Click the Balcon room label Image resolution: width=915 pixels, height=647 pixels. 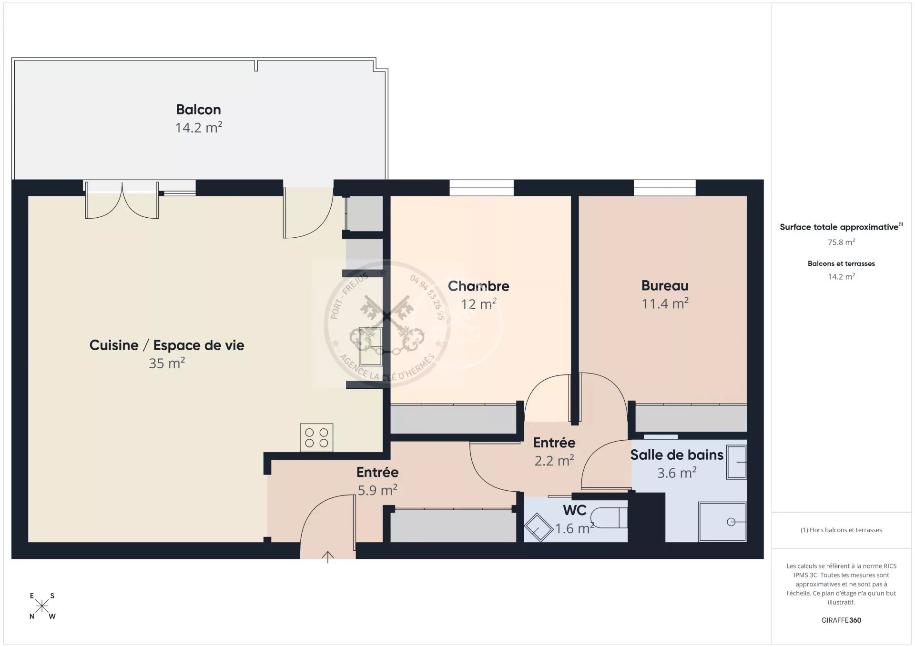[x=198, y=110]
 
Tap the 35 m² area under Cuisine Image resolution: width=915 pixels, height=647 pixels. [x=166, y=363]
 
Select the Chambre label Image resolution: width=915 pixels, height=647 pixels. [x=478, y=286]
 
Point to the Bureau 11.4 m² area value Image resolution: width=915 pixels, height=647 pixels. [x=665, y=303]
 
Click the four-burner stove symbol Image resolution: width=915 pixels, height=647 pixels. [x=316, y=437]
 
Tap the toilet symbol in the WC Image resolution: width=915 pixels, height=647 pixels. [x=609, y=517]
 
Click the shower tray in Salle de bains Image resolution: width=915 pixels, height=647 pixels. [x=722, y=522]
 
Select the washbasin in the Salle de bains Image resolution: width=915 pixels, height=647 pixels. [x=736, y=462]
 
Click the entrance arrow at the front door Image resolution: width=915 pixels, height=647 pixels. [x=327, y=556]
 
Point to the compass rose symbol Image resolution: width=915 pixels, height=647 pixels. [x=42, y=606]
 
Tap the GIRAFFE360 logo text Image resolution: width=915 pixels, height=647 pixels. [x=841, y=620]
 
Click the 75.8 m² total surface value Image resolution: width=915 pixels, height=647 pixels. [x=841, y=242]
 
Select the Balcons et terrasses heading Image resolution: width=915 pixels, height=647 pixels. [x=841, y=263]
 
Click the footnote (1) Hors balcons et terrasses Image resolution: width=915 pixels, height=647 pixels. [x=841, y=530]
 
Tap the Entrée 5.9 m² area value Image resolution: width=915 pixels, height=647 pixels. [x=377, y=490]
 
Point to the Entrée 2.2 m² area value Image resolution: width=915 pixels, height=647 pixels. [x=554, y=461]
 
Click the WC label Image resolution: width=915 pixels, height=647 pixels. [x=574, y=510]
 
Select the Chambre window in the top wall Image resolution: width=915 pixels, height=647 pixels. [x=481, y=188]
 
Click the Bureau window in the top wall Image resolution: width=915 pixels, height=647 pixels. [x=664, y=188]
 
